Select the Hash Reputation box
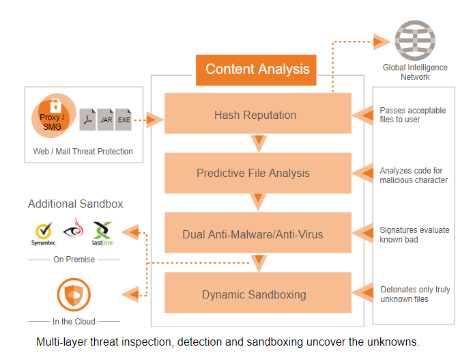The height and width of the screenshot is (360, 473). coord(257,114)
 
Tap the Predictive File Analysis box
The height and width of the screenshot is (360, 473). coord(257,174)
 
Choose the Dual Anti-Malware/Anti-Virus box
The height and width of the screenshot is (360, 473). coord(257,234)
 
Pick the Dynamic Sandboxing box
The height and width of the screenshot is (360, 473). coord(257,294)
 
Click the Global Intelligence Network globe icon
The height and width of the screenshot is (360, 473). coord(415,40)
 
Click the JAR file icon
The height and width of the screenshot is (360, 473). coord(106,120)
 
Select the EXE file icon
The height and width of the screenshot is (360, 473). coord(124,120)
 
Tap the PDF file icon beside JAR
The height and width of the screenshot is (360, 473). coord(88,120)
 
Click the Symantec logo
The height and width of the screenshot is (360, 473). coord(43,233)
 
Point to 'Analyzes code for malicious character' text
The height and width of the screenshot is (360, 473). coord(414,175)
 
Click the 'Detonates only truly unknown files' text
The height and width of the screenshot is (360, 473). coord(415,294)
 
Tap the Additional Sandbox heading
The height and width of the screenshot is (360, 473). coord(75,204)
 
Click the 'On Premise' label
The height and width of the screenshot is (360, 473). coord(74,260)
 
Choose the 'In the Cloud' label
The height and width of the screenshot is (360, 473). coord(74,321)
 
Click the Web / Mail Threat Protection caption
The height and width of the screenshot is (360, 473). coord(83,151)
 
